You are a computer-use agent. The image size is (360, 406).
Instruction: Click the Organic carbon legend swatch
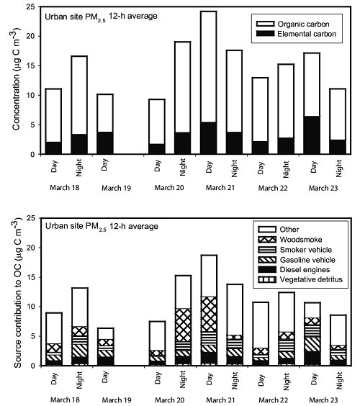265,24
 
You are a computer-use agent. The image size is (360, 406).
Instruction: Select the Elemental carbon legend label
307,34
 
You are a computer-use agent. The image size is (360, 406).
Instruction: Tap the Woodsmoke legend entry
290,240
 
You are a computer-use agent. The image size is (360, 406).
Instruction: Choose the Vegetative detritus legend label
311,279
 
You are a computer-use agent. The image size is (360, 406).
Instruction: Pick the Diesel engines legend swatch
267,269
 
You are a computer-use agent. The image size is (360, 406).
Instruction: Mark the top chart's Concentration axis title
17,80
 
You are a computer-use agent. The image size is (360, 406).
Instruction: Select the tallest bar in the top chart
209,83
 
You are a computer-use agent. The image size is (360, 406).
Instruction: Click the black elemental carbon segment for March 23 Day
312,135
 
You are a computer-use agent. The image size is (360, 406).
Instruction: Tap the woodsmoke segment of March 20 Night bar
183,325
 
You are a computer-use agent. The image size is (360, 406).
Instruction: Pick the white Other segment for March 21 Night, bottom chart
235,310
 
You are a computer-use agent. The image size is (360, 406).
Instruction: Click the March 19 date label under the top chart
117,188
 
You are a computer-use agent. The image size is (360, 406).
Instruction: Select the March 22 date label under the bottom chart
273,400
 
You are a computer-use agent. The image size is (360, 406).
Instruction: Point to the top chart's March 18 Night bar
79,105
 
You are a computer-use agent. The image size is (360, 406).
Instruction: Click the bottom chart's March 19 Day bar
105,347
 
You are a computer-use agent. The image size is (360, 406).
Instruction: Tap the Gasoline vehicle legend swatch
267,260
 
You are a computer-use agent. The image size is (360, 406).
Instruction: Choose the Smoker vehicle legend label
306,250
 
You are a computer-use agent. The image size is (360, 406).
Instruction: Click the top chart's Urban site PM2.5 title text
102,17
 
